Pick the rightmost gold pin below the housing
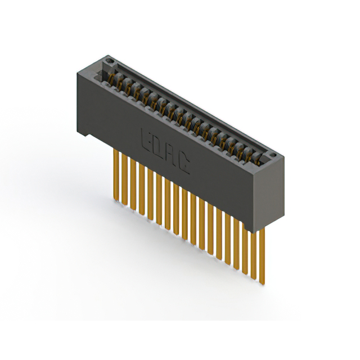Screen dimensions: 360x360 point(262,255)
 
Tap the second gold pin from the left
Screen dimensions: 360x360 point(125,179)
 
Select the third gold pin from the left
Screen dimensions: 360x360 point(133,184)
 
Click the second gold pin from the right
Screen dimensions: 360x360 point(254,255)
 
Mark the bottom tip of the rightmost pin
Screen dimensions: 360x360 point(262,284)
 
